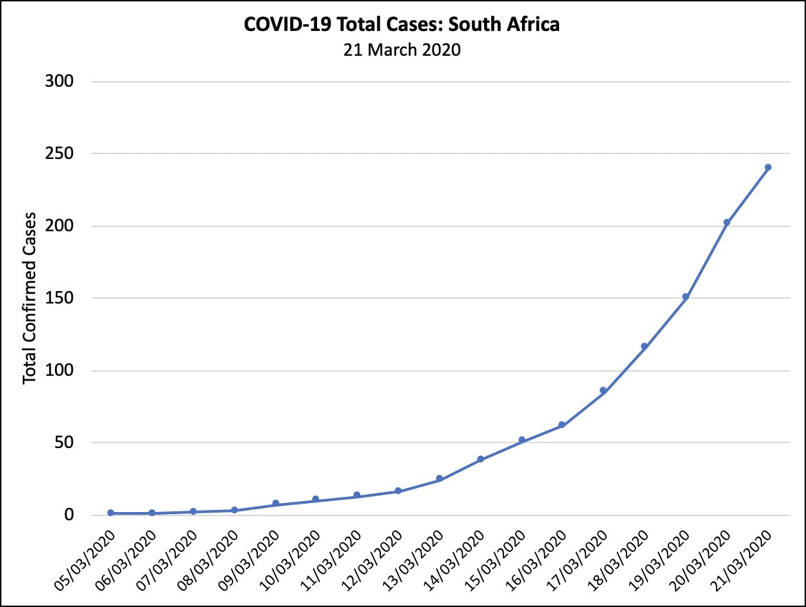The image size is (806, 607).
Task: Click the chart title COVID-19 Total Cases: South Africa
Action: (402, 25)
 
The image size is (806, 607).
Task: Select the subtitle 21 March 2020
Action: (402, 50)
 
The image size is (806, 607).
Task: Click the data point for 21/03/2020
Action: (768, 167)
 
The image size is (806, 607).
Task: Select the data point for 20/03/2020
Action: (727, 222)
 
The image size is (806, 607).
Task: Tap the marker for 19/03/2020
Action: (686, 297)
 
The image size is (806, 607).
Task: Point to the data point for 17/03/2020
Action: (603, 390)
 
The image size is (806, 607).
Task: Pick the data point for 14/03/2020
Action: (481, 459)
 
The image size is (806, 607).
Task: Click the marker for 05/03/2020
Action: (111, 513)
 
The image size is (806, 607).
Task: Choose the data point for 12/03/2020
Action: (398, 491)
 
